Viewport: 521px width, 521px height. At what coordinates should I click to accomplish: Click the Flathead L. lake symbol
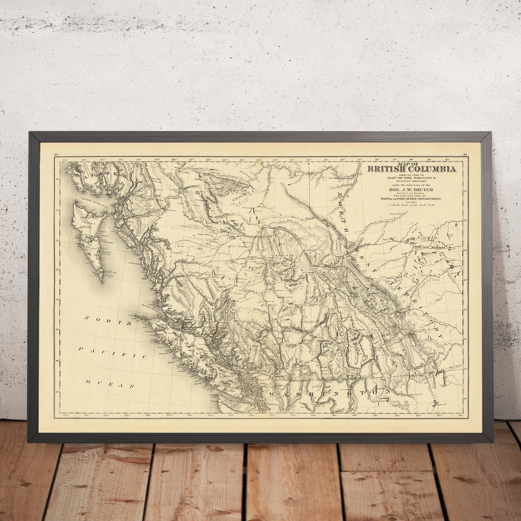click(x=435, y=404)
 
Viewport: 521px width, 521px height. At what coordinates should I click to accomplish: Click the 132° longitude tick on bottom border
click(x=67, y=415)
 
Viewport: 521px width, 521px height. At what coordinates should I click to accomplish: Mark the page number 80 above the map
click(x=57, y=155)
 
